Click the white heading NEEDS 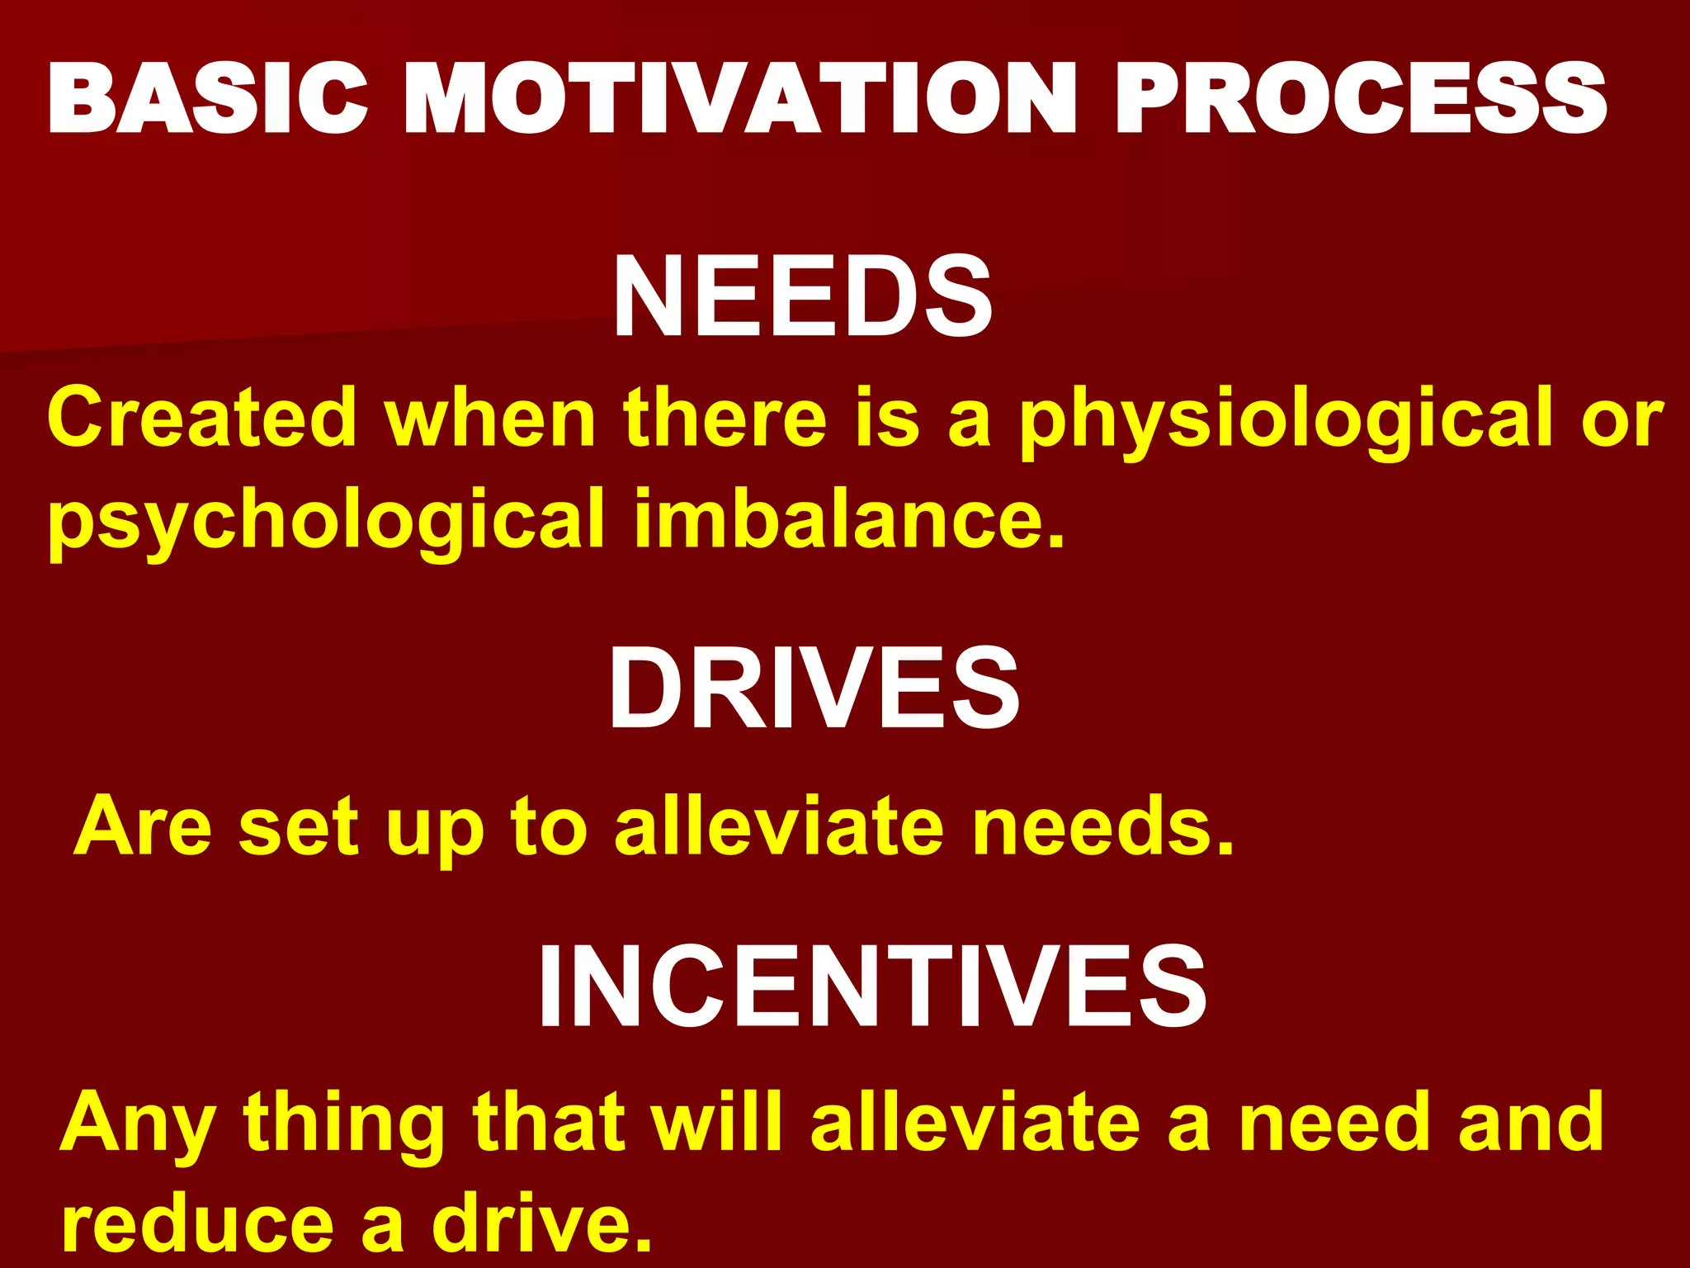(802, 297)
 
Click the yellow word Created (202, 418)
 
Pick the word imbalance (850, 518)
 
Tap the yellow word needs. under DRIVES (1102, 826)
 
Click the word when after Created (491, 418)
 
